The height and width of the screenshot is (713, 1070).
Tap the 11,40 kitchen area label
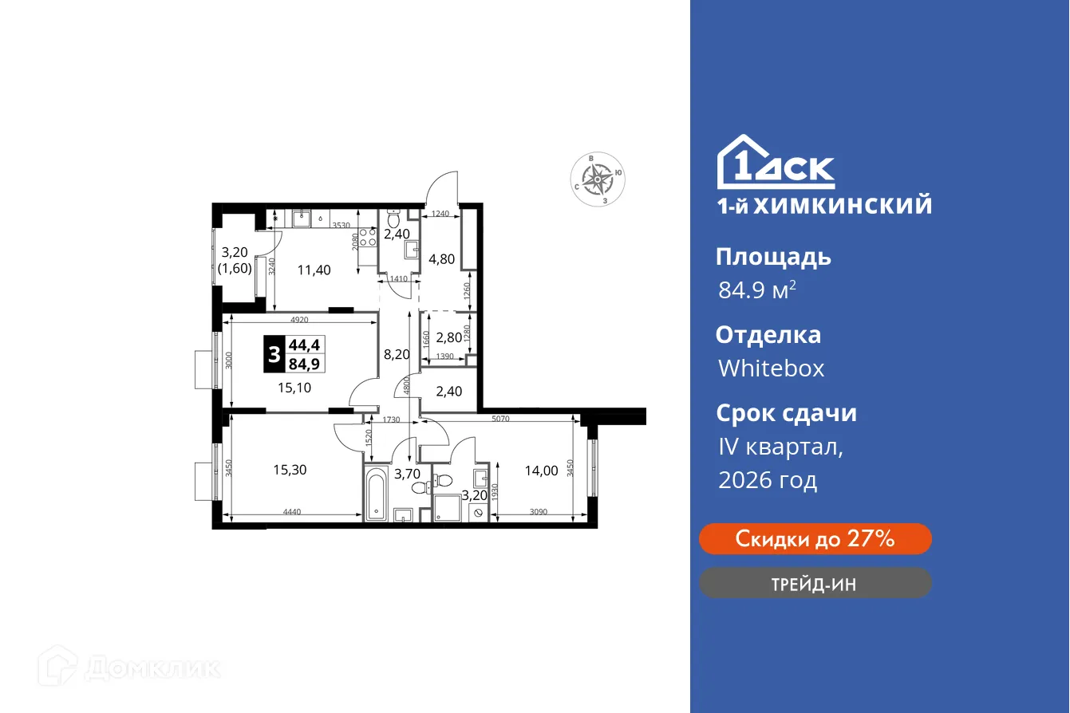314,270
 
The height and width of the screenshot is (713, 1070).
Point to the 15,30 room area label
290,470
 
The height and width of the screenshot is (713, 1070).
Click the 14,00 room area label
541,470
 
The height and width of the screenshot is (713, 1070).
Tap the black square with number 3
274,355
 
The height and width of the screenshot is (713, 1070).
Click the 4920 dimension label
299,320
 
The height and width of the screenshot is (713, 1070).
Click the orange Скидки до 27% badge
815,538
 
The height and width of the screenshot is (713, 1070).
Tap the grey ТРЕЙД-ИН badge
815,583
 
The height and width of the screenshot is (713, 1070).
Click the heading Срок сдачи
786,413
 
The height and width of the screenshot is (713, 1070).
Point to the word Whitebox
771,368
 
